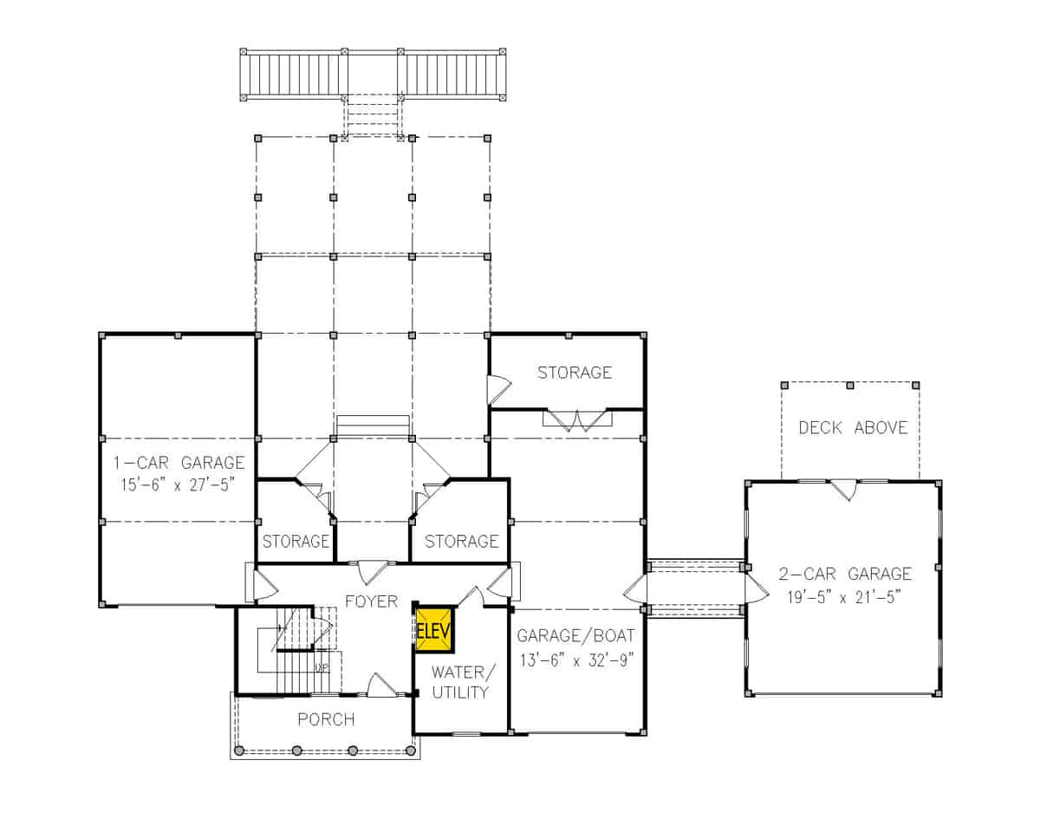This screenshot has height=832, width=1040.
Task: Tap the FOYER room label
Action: point(371,601)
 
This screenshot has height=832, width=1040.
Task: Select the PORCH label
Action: point(326,719)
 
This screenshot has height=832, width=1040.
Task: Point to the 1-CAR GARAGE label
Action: point(179,463)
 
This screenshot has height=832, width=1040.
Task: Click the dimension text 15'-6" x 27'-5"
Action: point(179,484)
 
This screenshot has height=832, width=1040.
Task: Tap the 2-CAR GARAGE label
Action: point(845,574)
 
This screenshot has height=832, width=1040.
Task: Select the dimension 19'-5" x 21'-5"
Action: point(845,595)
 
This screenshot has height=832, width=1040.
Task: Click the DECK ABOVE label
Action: point(853,427)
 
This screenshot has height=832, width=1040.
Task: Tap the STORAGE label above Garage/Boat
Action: point(574,373)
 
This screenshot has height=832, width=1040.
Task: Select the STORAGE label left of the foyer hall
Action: point(296,542)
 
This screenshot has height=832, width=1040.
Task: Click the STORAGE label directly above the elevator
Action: point(460,542)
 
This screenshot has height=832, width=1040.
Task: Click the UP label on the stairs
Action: point(322,667)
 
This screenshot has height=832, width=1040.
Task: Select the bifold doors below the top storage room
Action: point(577,421)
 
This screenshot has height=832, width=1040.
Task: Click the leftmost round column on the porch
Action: point(241,751)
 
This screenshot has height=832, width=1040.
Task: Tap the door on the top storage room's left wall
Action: point(498,390)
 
